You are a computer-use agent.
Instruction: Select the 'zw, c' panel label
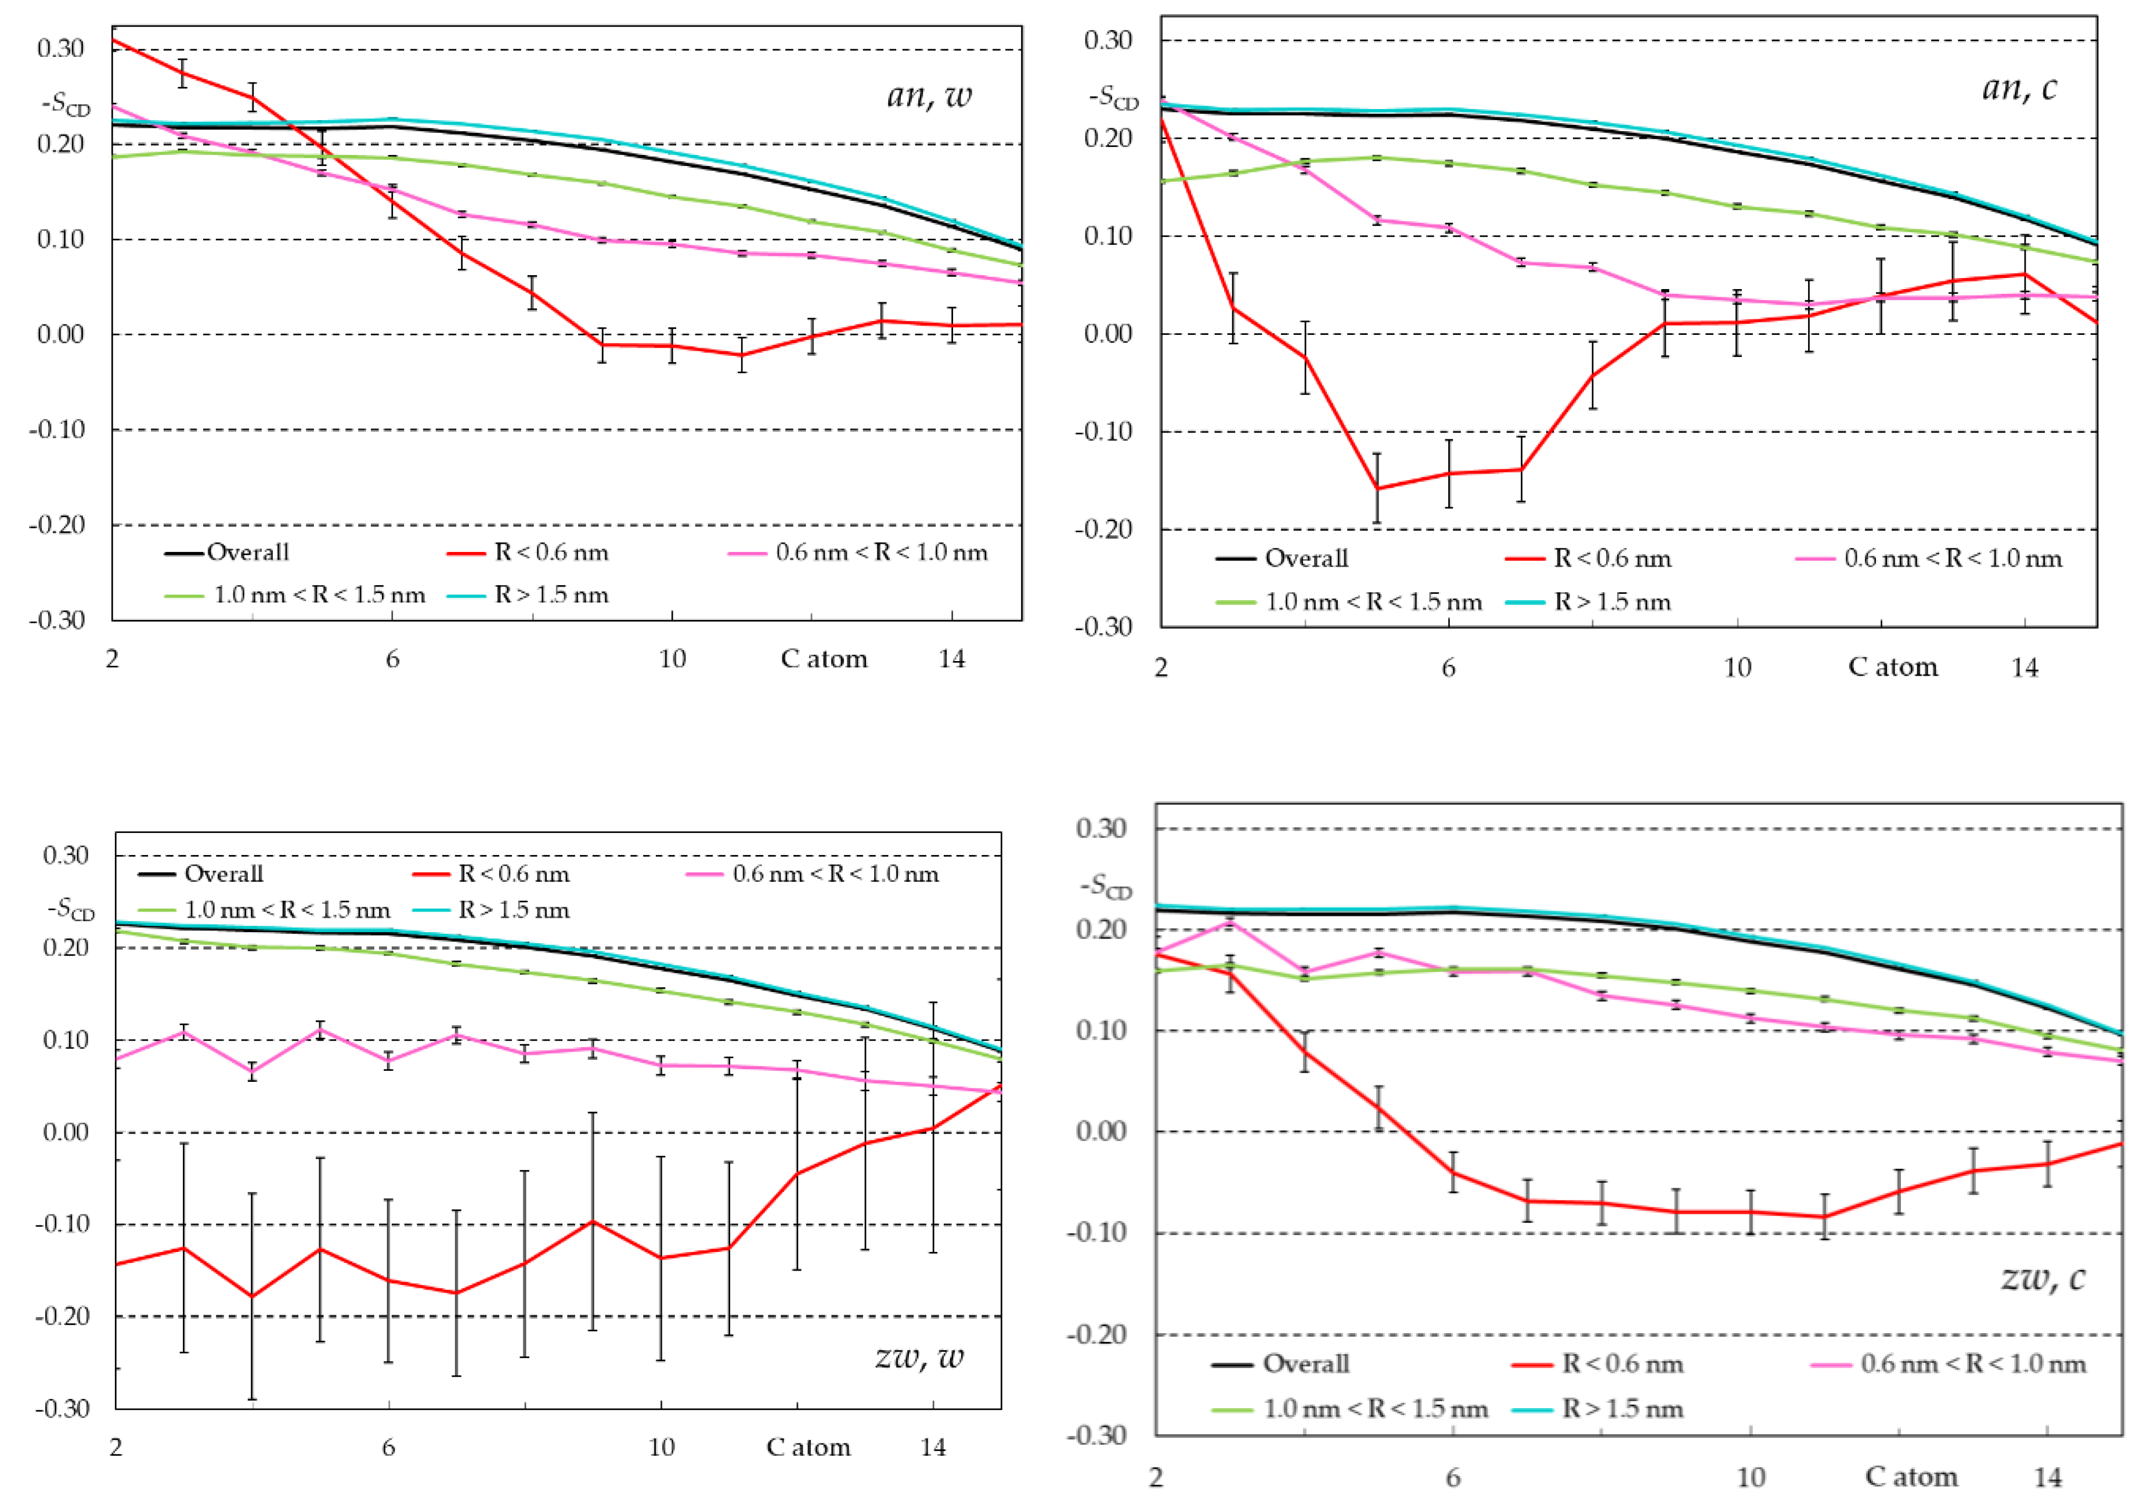[x=2043, y=1278]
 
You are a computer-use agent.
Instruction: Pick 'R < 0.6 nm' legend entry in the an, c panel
[x=1612, y=560]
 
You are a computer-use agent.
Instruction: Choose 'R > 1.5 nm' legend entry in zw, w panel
[x=513, y=910]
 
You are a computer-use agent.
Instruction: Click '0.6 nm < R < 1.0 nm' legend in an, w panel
[x=881, y=553]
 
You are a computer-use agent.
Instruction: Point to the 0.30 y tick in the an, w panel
[x=61, y=49]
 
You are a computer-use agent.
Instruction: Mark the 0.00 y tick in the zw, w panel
[x=66, y=1132]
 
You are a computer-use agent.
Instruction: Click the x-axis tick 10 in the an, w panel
[x=672, y=659]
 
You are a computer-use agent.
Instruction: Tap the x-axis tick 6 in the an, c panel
[x=1449, y=667]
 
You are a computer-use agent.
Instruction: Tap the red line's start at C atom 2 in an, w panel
[x=113, y=40]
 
